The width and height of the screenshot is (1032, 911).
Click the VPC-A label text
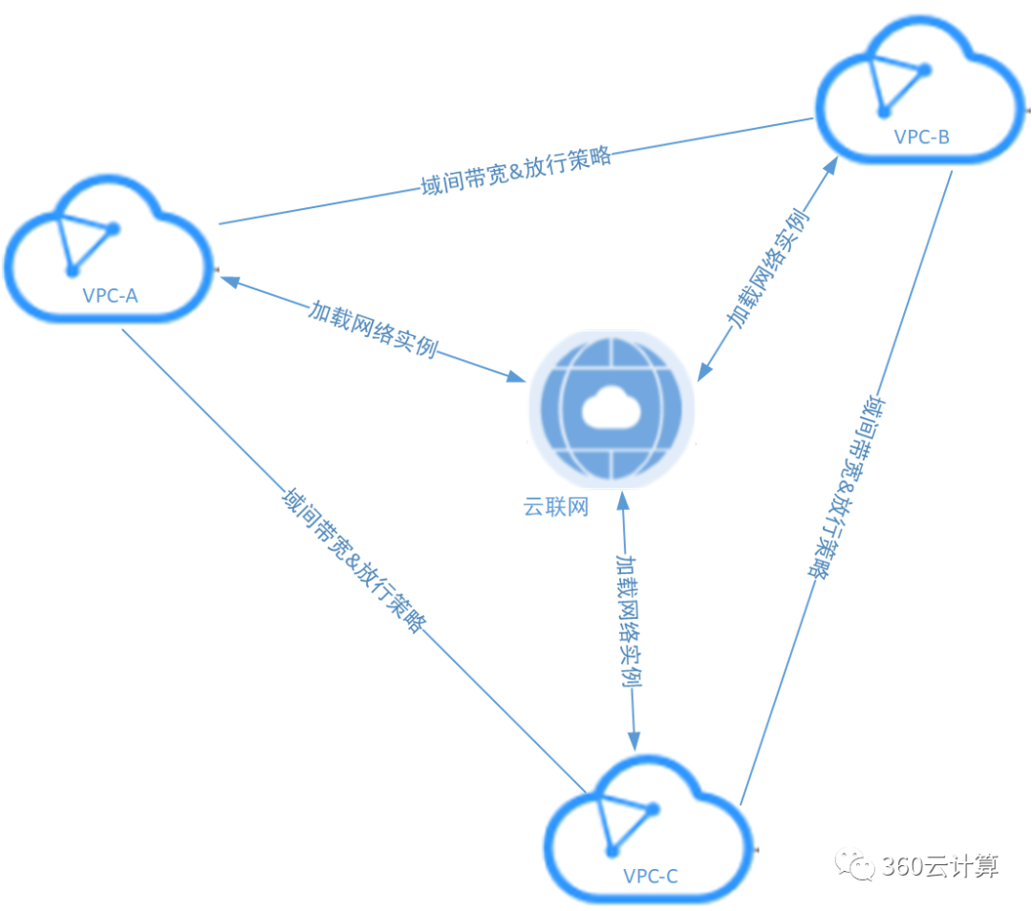(x=110, y=295)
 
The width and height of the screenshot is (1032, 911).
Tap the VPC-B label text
(x=921, y=137)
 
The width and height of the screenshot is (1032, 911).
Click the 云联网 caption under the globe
(x=555, y=506)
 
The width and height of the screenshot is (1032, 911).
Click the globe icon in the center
(x=613, y=408)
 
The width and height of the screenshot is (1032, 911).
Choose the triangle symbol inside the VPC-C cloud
(x=626, y=821)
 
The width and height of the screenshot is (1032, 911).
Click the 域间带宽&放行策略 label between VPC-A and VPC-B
(x=515, y=171)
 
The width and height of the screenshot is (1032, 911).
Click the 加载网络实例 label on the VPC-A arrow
(x=373, y=328)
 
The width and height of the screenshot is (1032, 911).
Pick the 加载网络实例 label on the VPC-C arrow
(x=628, y=620)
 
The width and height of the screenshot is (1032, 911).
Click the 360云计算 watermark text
(x=940, y=866)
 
